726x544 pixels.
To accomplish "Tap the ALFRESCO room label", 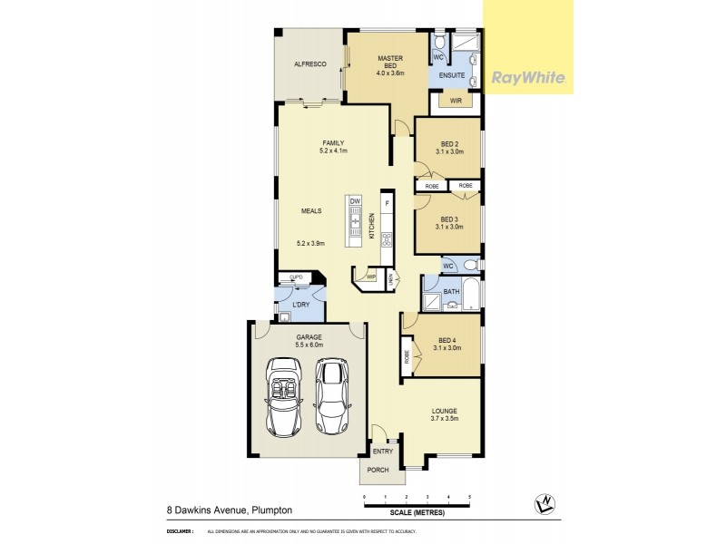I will [309, 64].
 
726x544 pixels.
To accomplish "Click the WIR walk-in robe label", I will [456, 101].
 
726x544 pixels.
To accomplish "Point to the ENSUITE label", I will [453, 76].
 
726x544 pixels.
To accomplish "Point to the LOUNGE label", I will [444, 413].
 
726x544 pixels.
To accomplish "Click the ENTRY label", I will [382, 450].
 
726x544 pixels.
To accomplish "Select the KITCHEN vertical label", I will [371, 227].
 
